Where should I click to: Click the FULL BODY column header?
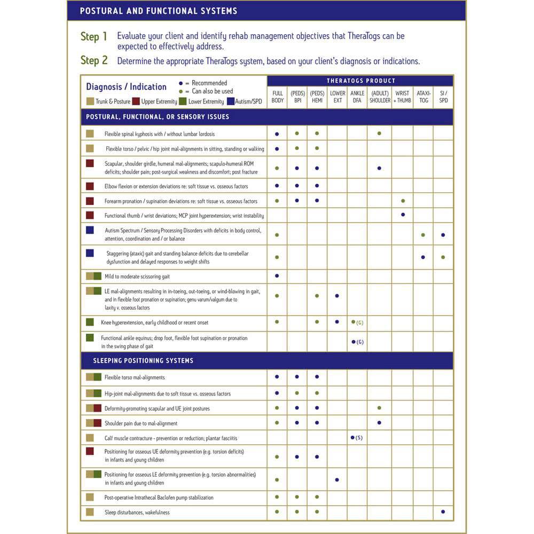pyautogui.click(x=277, y=97)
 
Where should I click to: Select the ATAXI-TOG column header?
pyautogui.click(x=423, y=97)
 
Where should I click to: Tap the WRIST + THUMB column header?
pyautogui.click(x=402, y=97)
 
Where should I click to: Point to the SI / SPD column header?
pyautogui.click(x=443, y=97)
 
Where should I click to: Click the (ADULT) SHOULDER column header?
pyautogui.click(x=380, y=97)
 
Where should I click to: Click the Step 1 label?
pyautogui.click(x=94, y=37)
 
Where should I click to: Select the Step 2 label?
pyautogui.click(x=94, y=60)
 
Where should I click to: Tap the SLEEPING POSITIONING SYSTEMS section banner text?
pyautogui.click(x=143, y=360)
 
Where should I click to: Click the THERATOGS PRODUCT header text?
pyautogui.click(x=361, y=81)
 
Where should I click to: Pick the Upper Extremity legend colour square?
pyautogui.click(x=136, y=101)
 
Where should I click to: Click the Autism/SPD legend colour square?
pyautogui.click(x=231, y=101)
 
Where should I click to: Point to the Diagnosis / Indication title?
pyautogui.click(x=127, y=87)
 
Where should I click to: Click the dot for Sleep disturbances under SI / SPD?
pyautogui.click(x=443, y=512)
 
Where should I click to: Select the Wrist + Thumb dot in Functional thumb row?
pyautogui.click(x=403, y=215)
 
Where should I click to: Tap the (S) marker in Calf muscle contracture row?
pyautogui.click(x=359, y=438)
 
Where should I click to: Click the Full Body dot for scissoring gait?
pyautogui.click(x=277, y=276)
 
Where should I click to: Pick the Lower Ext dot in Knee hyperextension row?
pyautogui.click(x=337, y=321)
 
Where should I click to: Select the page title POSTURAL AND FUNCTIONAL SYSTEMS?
pyautogui.click(x=159, y=11)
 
